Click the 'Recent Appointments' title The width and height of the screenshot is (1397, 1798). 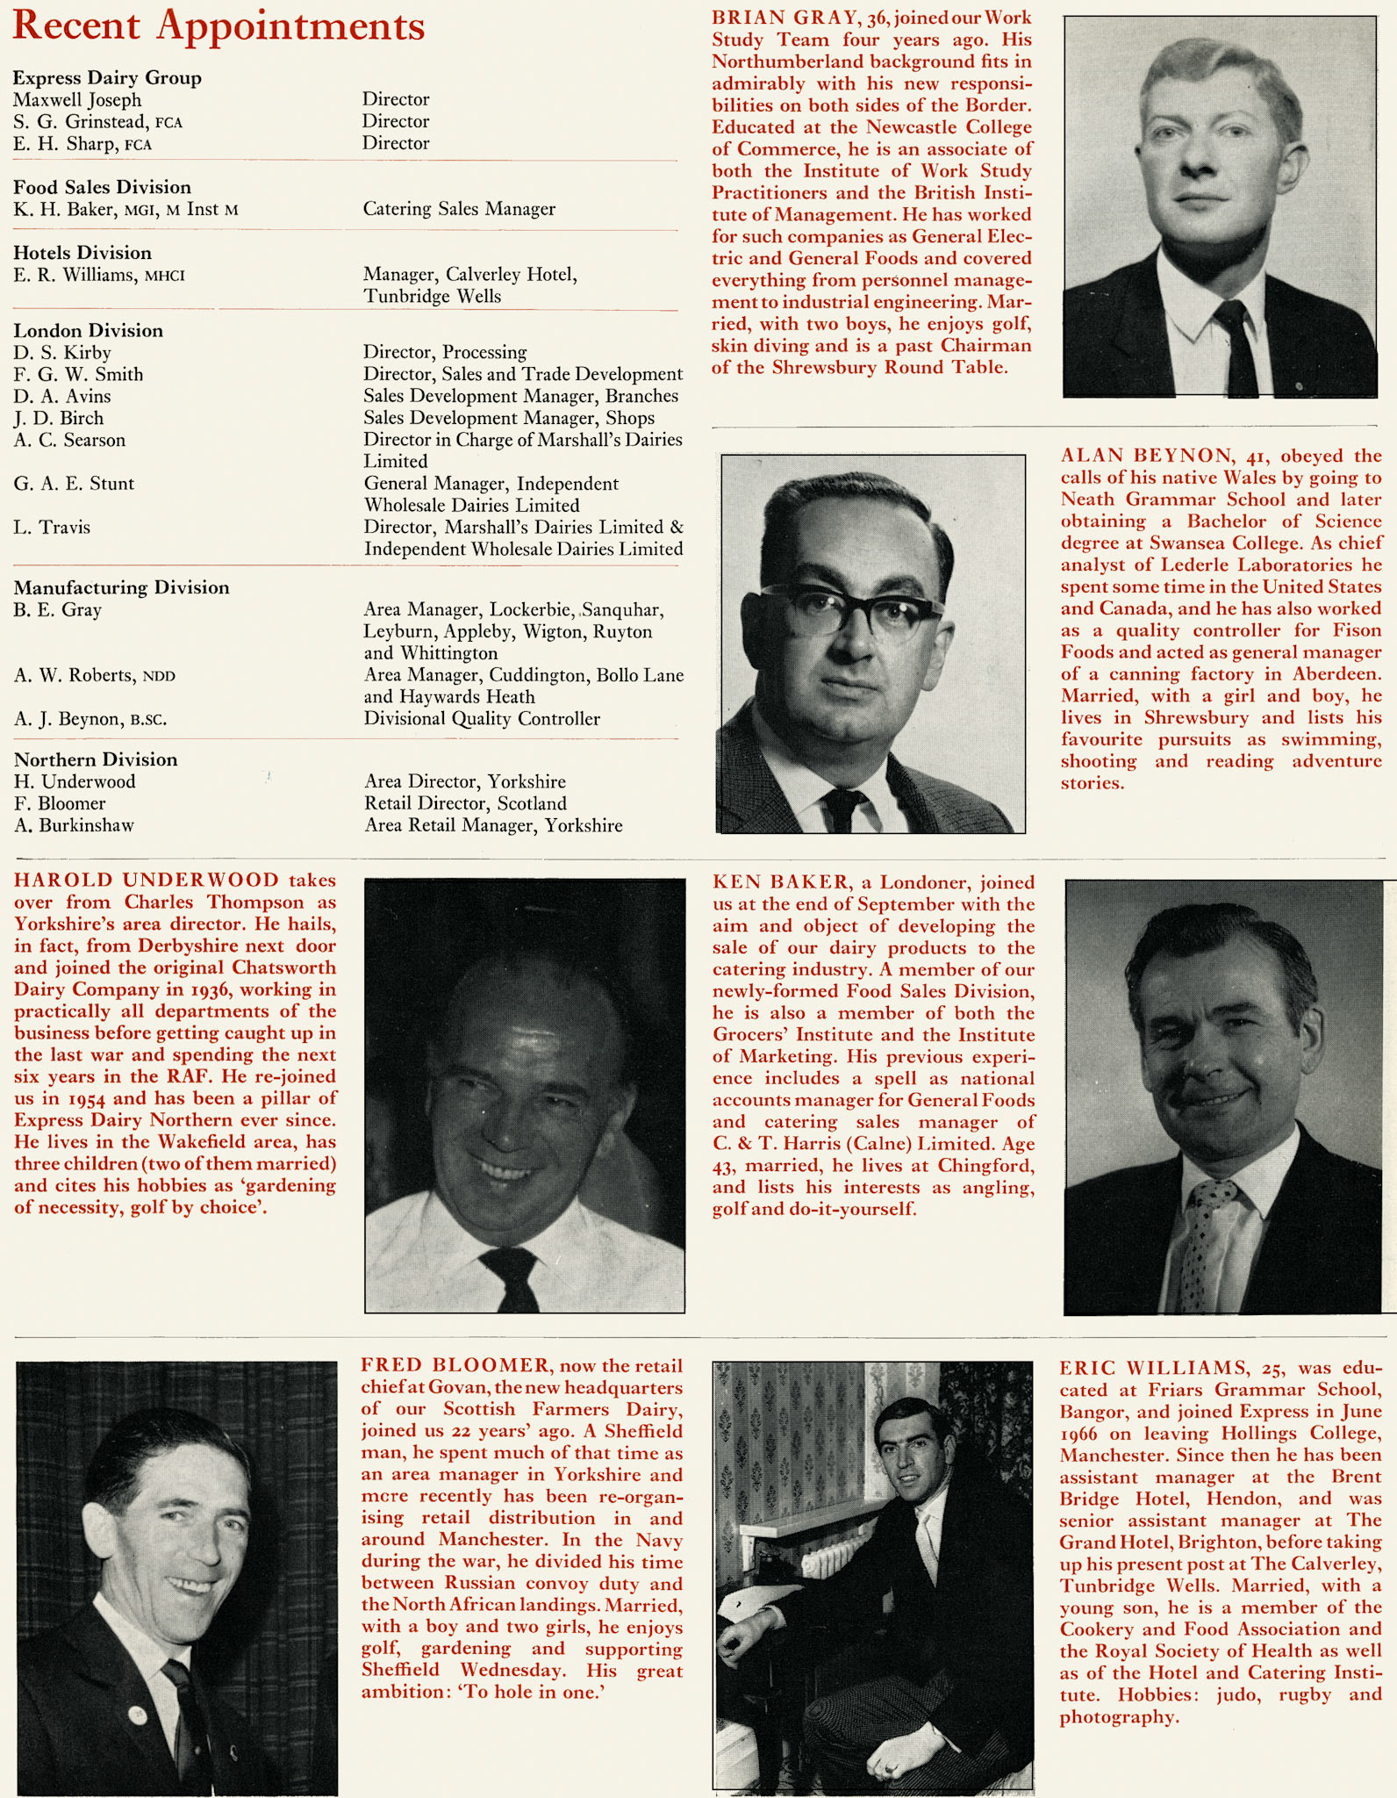pyautogui.click(x=219, y=27)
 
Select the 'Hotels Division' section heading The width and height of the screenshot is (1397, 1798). pyautogui.click(x=82, y=253)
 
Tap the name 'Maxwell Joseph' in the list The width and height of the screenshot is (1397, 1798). pyautogui.click(x=77, y=99)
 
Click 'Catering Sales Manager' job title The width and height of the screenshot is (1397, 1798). pyautogui.click(x=459, y=209)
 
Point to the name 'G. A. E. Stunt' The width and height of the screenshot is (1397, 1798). pyautogui.click(x=74, y=484)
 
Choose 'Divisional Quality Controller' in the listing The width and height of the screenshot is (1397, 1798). pyautogui.click(x=482, y=719)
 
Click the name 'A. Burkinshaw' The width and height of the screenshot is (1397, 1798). pyautogui.click(x=74, y=825)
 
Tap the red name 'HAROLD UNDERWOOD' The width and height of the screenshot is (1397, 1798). pyautogui.click(x=146, y=881)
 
